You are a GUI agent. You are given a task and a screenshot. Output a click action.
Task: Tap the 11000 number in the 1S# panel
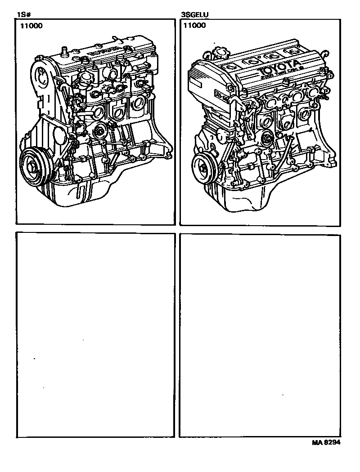coord(31,26)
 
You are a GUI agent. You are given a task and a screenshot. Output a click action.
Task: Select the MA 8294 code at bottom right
coord(326,442)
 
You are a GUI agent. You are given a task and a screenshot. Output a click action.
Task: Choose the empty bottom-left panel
coord(95,334)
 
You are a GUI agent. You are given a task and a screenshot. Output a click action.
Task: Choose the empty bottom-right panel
coord(259,334)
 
